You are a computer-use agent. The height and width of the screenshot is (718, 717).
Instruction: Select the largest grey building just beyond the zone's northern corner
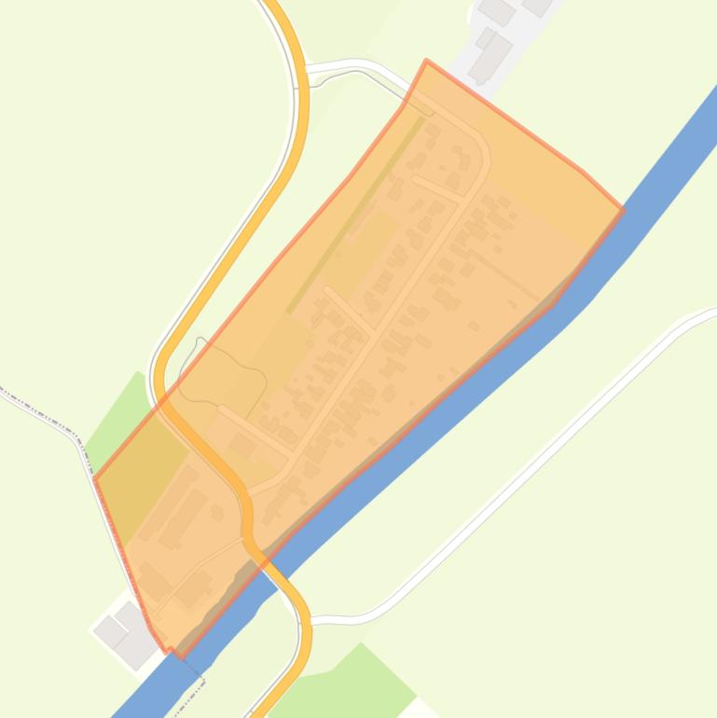[490, 56]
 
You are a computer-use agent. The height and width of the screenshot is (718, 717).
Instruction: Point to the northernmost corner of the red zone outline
[427, 62]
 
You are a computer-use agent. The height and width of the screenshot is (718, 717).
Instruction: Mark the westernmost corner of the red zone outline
[95, 479]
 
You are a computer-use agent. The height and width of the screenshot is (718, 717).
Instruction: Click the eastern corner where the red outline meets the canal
[621, 185]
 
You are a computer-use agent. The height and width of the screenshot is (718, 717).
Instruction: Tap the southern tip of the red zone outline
[170, 650]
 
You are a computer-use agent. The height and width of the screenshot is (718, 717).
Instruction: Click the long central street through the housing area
[392, 298]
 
